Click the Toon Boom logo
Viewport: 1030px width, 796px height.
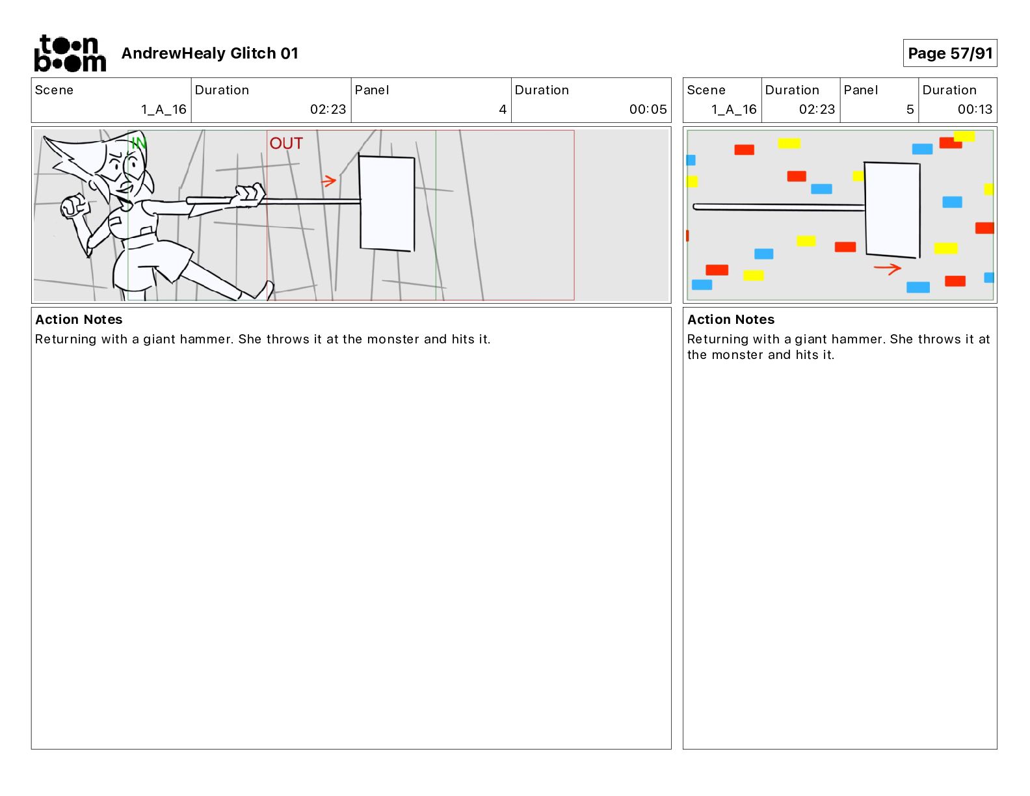coord(70,53)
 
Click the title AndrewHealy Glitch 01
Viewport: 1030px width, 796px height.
coord(209,53)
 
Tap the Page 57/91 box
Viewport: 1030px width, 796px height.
coord(949,53)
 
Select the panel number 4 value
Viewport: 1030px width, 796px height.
coord(503,109)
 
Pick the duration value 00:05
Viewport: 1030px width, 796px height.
coord(648,109)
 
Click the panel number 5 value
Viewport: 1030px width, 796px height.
coord(910,109)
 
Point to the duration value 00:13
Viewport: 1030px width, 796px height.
coord(975,109)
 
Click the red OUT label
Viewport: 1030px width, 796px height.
coord(286,143)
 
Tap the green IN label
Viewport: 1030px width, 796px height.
coord(139,142)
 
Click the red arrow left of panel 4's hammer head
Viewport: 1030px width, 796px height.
coord(328,181)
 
